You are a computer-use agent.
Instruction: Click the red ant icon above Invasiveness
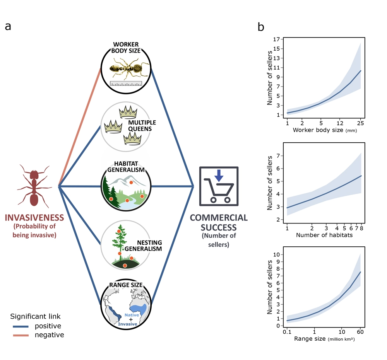(x=34, y=186)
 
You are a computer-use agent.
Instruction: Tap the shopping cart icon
(x=219, y=186)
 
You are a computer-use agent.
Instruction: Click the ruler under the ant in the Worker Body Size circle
(x=126, y=84)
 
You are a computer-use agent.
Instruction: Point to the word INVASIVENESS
(x=34, y=218)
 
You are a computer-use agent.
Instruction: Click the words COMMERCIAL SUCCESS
(x=219, y=222)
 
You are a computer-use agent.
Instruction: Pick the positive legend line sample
(x=21, y=326)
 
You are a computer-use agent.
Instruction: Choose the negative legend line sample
(x=21, y=335)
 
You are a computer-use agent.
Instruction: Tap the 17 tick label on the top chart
(x=276, y=39)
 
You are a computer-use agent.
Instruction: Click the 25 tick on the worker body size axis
(x=360, y=123)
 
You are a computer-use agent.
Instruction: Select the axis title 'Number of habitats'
(x=324, y=235)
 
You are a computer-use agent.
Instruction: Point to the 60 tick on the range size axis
(x=360, y=332)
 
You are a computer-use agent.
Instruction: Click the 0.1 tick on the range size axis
(x=287, y=332)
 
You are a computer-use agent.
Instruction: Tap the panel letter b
(x=261, y=27)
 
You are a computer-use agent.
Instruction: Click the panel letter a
(x=8, y=26)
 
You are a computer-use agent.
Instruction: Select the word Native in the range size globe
(x=132, y=315)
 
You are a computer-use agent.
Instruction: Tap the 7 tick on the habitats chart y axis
(x=278, y=156)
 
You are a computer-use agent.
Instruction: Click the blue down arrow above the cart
(x=219, y=176)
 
